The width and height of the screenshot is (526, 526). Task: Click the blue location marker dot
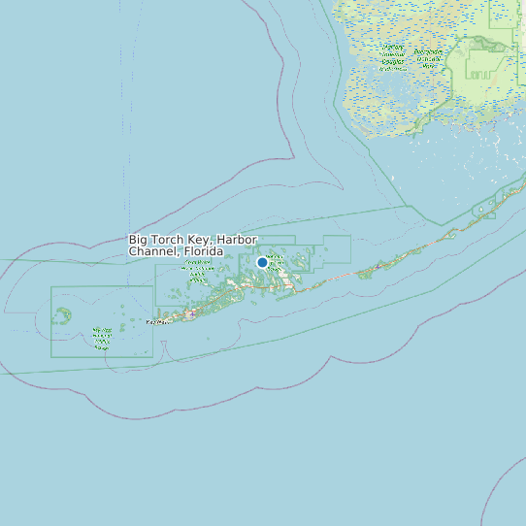(262, 262)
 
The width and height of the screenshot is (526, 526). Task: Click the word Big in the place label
(139, 240)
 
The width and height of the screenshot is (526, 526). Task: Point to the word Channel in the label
(151, 252)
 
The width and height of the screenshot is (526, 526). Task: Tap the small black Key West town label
(155, 322)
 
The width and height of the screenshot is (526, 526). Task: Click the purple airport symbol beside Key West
(192, 313)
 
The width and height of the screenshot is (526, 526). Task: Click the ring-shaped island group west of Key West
(62, 316)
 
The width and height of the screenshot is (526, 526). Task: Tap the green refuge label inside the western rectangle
(102, 336)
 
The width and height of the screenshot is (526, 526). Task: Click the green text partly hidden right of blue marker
(278, 260)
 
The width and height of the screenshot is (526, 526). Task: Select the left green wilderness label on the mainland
(393, 57)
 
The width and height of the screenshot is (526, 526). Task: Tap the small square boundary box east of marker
(337, 249)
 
